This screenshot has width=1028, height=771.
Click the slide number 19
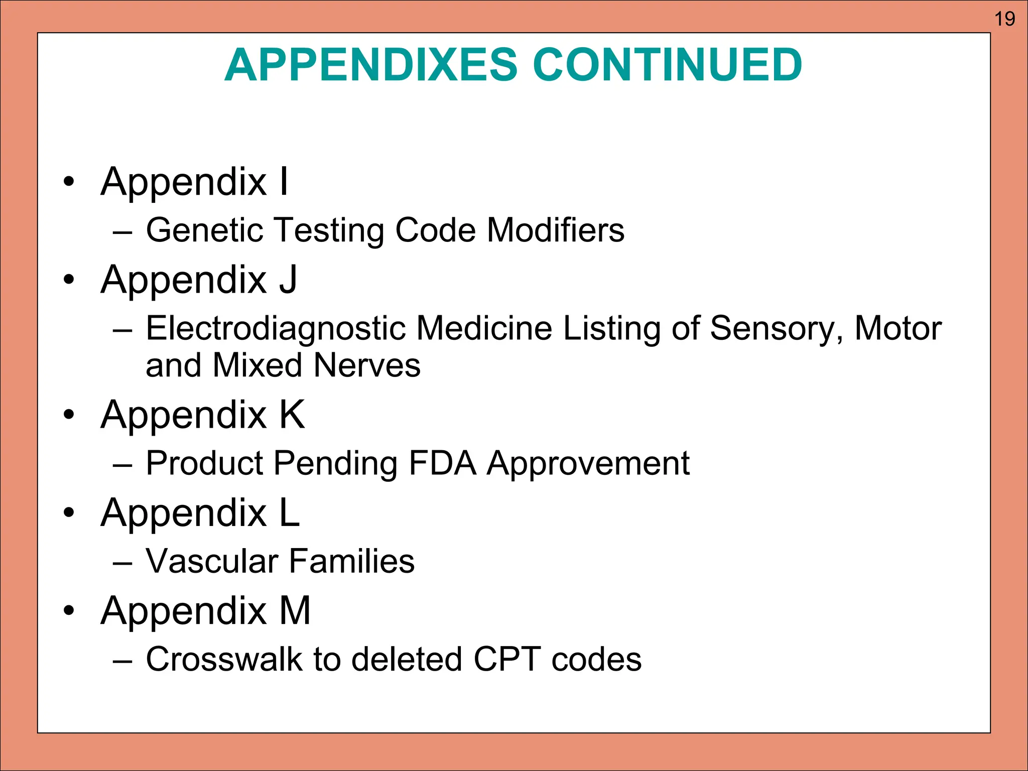[x=1004, y=19]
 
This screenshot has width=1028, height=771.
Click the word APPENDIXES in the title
[x=371, y=65]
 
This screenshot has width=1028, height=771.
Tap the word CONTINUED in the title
[x=667, y=65]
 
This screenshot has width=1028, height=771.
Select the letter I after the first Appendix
[x=284, y=181]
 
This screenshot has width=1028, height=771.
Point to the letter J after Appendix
[x=289, y=280]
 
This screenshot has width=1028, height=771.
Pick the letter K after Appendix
[x=292, y=415]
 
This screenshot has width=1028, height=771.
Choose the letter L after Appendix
[x=290, y=512]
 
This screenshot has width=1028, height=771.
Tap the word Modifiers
[x=556, y=230]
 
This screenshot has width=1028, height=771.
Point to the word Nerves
[x=367, y=365]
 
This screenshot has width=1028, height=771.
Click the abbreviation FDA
[x=442, y=463]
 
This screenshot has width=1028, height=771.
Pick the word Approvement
[x=588, y=464]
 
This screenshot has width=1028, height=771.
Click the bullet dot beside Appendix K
[x=69, y=415]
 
